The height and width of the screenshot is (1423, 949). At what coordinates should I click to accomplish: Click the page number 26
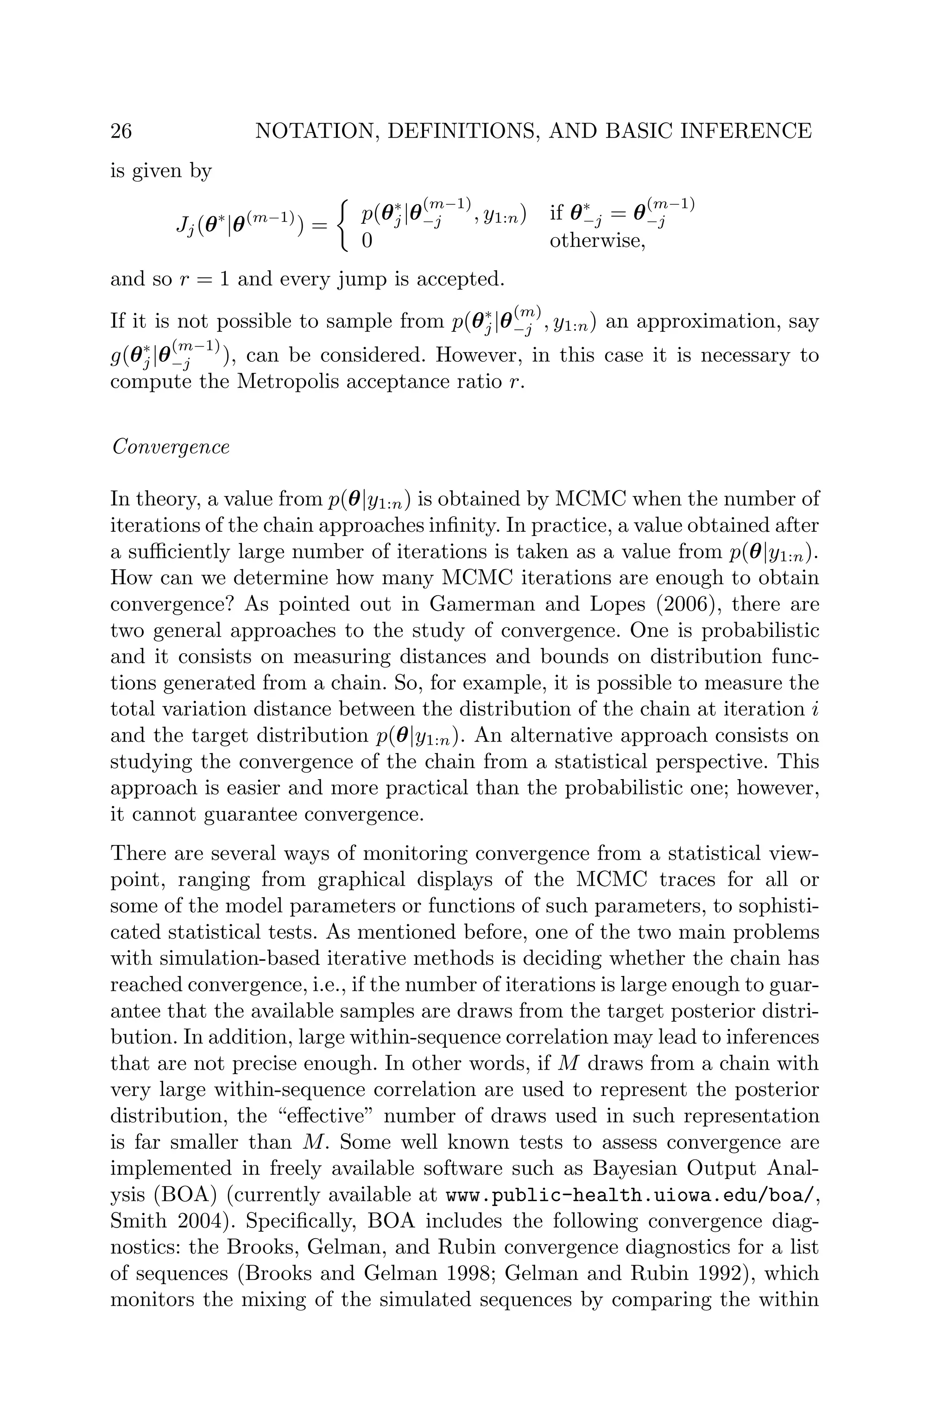coord(121,131)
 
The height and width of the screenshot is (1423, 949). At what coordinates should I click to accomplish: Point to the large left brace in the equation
coord(345,226)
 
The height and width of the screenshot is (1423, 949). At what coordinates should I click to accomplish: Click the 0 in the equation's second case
coord(367,241)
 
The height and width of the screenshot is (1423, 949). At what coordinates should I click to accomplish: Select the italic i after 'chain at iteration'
coord(814,708)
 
